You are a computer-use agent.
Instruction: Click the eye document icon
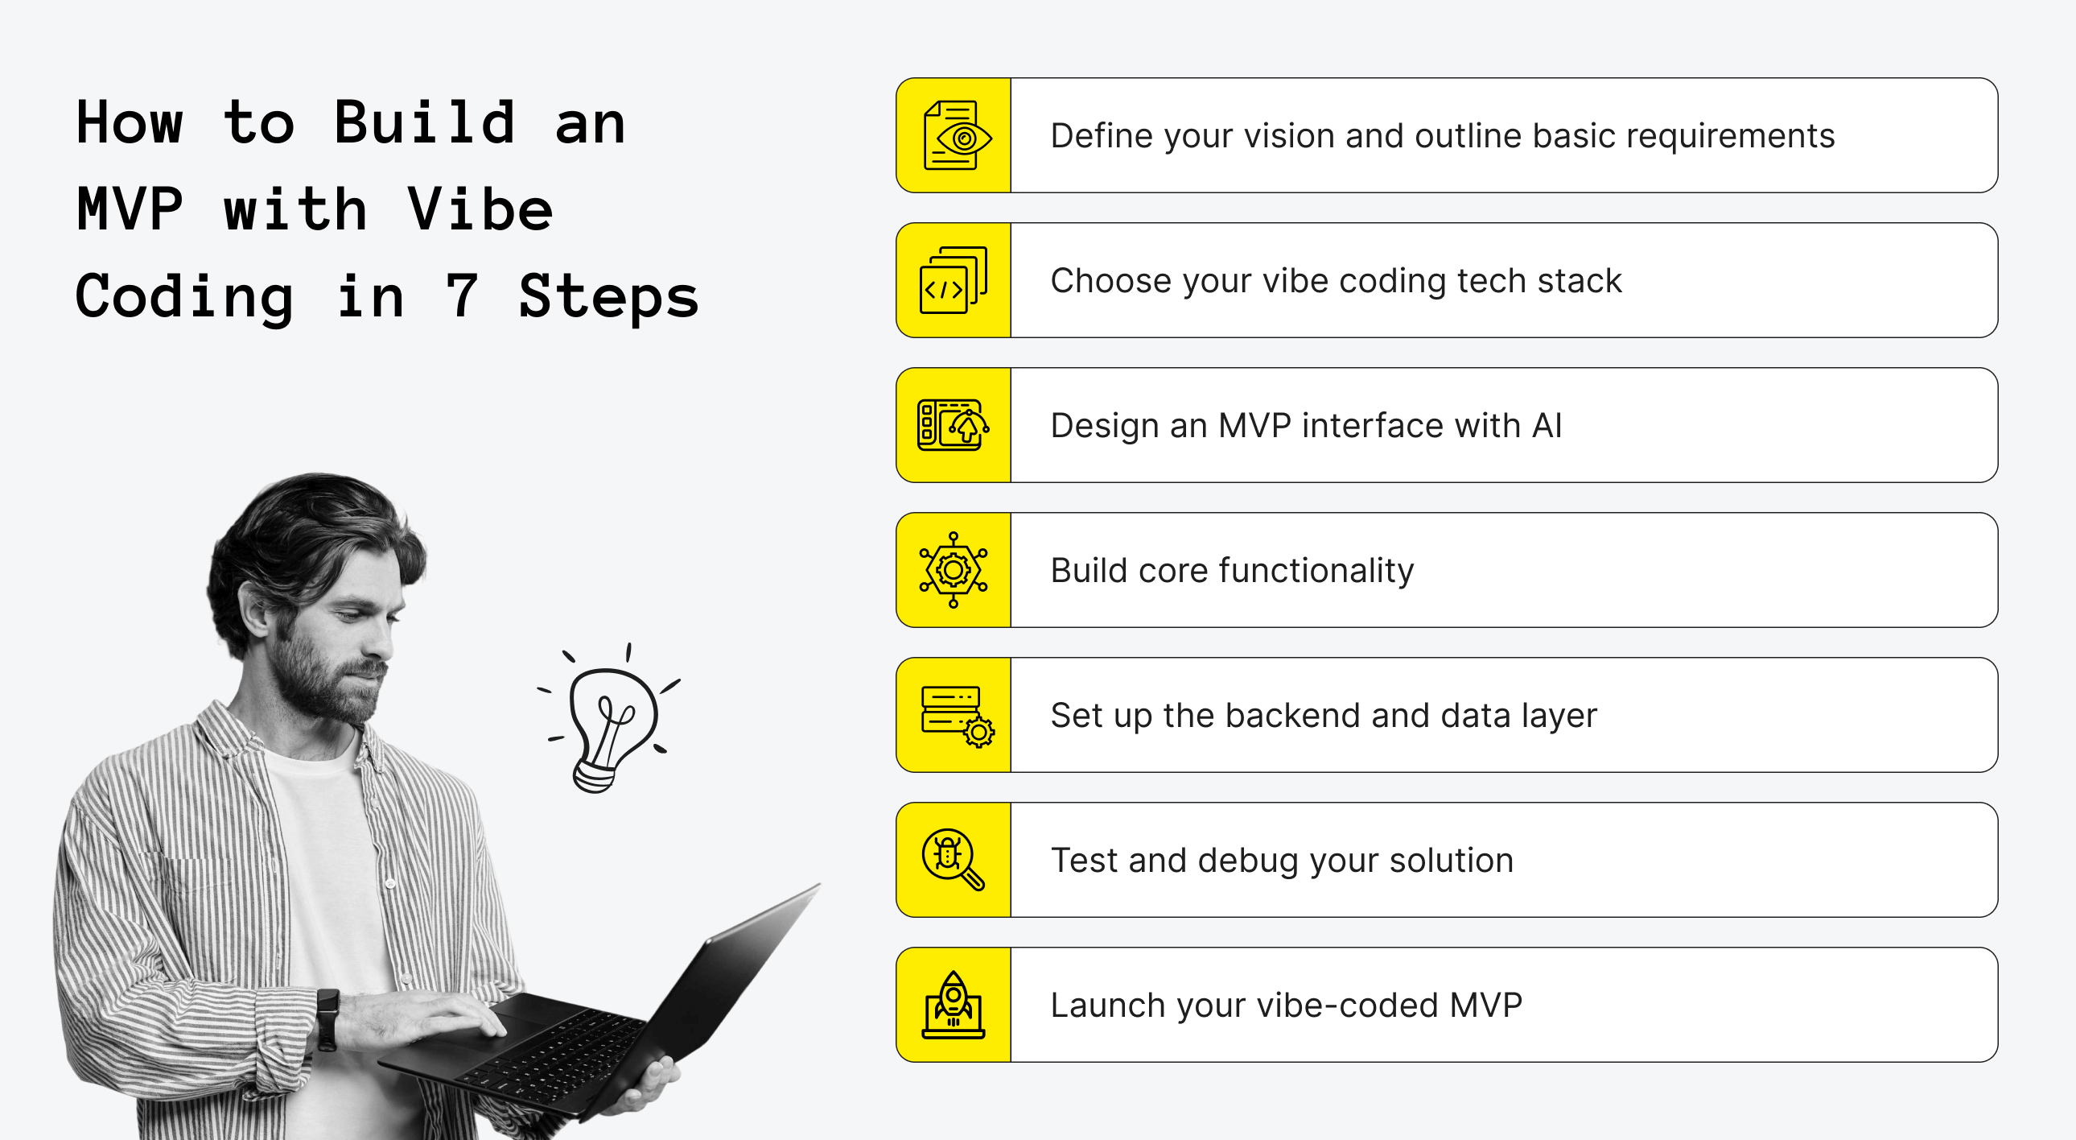(x=955, y=135)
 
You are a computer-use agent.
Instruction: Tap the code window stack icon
(x=954, y=280)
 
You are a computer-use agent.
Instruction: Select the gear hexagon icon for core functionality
(x=954, y=570)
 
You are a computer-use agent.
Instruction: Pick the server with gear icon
(x=956, y=715)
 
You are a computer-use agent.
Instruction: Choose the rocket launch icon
(x=954, y=1005)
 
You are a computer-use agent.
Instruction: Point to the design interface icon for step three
(x=953, y=425)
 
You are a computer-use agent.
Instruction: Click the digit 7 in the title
(x=462, y=296)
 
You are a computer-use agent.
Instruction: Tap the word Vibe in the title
(x=480, y=209)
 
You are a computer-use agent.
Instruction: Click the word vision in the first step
(x=1288, y=135)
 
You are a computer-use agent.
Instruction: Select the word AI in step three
(x=1547, y=425)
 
